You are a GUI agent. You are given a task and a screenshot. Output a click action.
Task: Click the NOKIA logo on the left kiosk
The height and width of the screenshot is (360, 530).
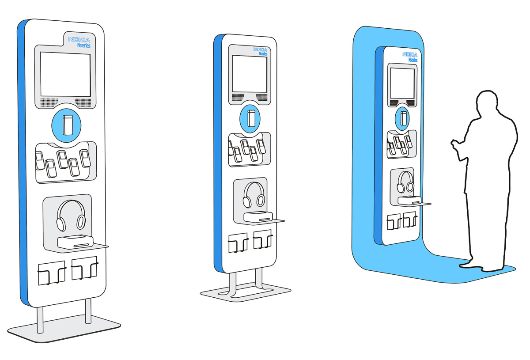(79, 40)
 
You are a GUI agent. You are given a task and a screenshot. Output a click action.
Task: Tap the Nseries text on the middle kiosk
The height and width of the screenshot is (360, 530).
(263, 54)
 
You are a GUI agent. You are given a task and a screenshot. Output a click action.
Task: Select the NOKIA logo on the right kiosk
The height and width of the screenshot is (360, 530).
(410, 54)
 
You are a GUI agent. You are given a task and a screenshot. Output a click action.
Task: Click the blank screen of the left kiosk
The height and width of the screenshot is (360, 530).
(65, 74)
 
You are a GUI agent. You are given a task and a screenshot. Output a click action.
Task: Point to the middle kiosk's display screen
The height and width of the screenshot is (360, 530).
(250, 74)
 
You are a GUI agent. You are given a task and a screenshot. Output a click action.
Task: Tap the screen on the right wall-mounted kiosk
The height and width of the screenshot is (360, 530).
(402, 83)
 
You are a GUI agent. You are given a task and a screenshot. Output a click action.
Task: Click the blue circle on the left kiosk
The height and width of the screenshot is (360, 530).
(67, 125)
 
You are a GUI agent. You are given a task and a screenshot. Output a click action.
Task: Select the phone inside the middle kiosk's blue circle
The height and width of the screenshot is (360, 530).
(251, 118)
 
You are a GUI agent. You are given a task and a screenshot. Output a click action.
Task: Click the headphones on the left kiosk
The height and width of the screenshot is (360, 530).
(71, 216)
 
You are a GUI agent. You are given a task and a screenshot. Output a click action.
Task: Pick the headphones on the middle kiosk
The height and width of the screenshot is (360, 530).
(254, 195)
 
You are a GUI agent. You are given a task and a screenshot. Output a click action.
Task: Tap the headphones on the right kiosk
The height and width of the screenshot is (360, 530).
(405, 182)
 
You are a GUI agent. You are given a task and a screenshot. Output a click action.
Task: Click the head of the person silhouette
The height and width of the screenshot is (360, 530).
(487, 102)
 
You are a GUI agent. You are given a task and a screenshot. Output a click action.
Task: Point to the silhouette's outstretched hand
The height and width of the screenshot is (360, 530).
(454, 144)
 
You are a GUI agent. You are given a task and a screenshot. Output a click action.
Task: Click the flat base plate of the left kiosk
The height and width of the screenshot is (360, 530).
(64, 329)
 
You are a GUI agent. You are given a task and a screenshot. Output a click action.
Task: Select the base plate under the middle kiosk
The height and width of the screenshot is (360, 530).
(246, 292)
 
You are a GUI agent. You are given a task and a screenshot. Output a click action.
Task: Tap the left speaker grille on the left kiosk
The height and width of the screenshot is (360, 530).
(49, 102)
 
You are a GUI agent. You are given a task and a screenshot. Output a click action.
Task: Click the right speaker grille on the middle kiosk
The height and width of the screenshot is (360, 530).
(261, 97)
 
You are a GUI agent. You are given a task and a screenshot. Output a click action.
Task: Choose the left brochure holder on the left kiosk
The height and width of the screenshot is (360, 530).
(52, 273)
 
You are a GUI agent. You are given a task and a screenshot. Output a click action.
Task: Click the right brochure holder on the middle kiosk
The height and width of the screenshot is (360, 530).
(263, 239)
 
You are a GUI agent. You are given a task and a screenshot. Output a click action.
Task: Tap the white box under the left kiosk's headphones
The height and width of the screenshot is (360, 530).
(75, 242)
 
